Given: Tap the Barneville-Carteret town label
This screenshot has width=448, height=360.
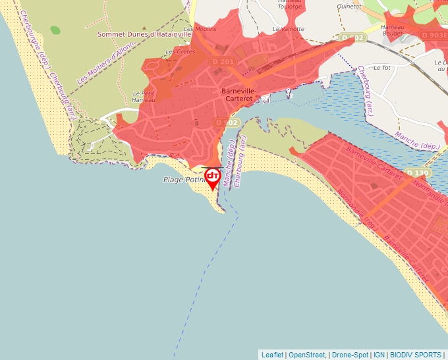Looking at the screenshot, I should (238, 93).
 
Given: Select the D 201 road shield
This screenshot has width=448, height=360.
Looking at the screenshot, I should (223, 62).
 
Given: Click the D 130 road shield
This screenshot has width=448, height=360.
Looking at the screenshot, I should (418, 173).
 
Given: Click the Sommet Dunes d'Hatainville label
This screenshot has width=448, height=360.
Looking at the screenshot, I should (144, 34).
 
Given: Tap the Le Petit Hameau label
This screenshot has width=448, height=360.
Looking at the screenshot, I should (143, 97).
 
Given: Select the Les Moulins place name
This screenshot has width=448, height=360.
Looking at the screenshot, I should (200, 29).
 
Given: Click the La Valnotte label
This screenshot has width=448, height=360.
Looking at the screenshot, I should (289, 29).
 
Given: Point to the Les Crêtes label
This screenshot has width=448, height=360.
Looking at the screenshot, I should (179, 51).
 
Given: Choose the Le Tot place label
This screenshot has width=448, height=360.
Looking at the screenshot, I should (381, 67).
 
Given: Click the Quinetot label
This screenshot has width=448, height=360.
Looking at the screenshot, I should (349, 6).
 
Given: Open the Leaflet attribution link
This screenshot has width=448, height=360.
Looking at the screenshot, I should (272, 355).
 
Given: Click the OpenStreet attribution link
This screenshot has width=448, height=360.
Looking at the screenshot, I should (306, 355).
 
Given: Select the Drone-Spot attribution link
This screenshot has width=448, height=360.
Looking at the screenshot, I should (350, 355).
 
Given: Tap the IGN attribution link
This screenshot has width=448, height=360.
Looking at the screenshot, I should (379, 355).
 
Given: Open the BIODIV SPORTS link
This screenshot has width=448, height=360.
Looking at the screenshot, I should (415, 355).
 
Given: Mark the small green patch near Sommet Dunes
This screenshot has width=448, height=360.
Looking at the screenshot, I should (55, 30).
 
